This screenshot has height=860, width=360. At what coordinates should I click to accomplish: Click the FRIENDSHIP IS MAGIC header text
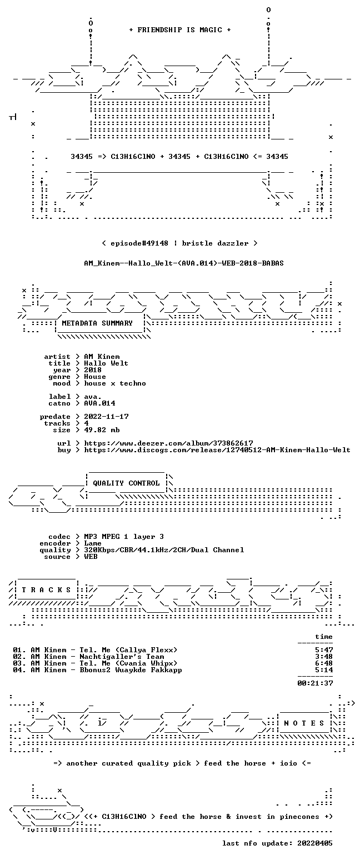pyautogui.click(x=180, y=30)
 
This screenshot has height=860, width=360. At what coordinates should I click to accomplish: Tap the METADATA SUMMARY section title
pyautogui.click(x=97, y=323)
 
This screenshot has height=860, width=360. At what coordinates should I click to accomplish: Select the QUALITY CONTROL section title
pyautogui.click(x=126, y=483)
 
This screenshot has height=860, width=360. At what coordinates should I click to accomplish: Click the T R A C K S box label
pyautogui.click(x=47, y=589)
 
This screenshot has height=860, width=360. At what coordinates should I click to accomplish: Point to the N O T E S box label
pyautogui.click(x=304, y=723)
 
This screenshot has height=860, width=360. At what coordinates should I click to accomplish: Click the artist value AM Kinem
pyautogui.click(x=102, y=357)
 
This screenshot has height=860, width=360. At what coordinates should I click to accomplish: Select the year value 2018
pyautogui.click(x=93, y=370)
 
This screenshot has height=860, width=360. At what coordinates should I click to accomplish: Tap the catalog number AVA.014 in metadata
pyautogui.click(x=100, y=403)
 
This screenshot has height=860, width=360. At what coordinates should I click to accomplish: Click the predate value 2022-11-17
pyautogui.click(x=106, y=417)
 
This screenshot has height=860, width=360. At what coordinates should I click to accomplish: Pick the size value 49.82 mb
pyautogui.click(x=102, y=430)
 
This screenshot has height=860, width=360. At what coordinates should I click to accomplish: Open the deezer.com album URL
pyautogui.click(x=168, y=443)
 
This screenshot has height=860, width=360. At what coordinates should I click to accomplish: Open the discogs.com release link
pyautogui.click(x=217, y=450)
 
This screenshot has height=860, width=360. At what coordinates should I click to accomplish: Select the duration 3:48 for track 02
pyautogui.click(x=324, y=657)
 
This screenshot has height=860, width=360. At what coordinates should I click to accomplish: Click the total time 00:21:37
pyautogui.click(x=315, y=683)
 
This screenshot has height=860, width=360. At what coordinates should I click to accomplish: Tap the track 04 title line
pyautogui.click(x=97, y=671)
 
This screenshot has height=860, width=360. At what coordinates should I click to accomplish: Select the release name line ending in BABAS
pyautogui.click(x=184, y=263)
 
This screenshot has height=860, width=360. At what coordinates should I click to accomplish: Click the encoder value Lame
pyautogui.click(x=93, y=544)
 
